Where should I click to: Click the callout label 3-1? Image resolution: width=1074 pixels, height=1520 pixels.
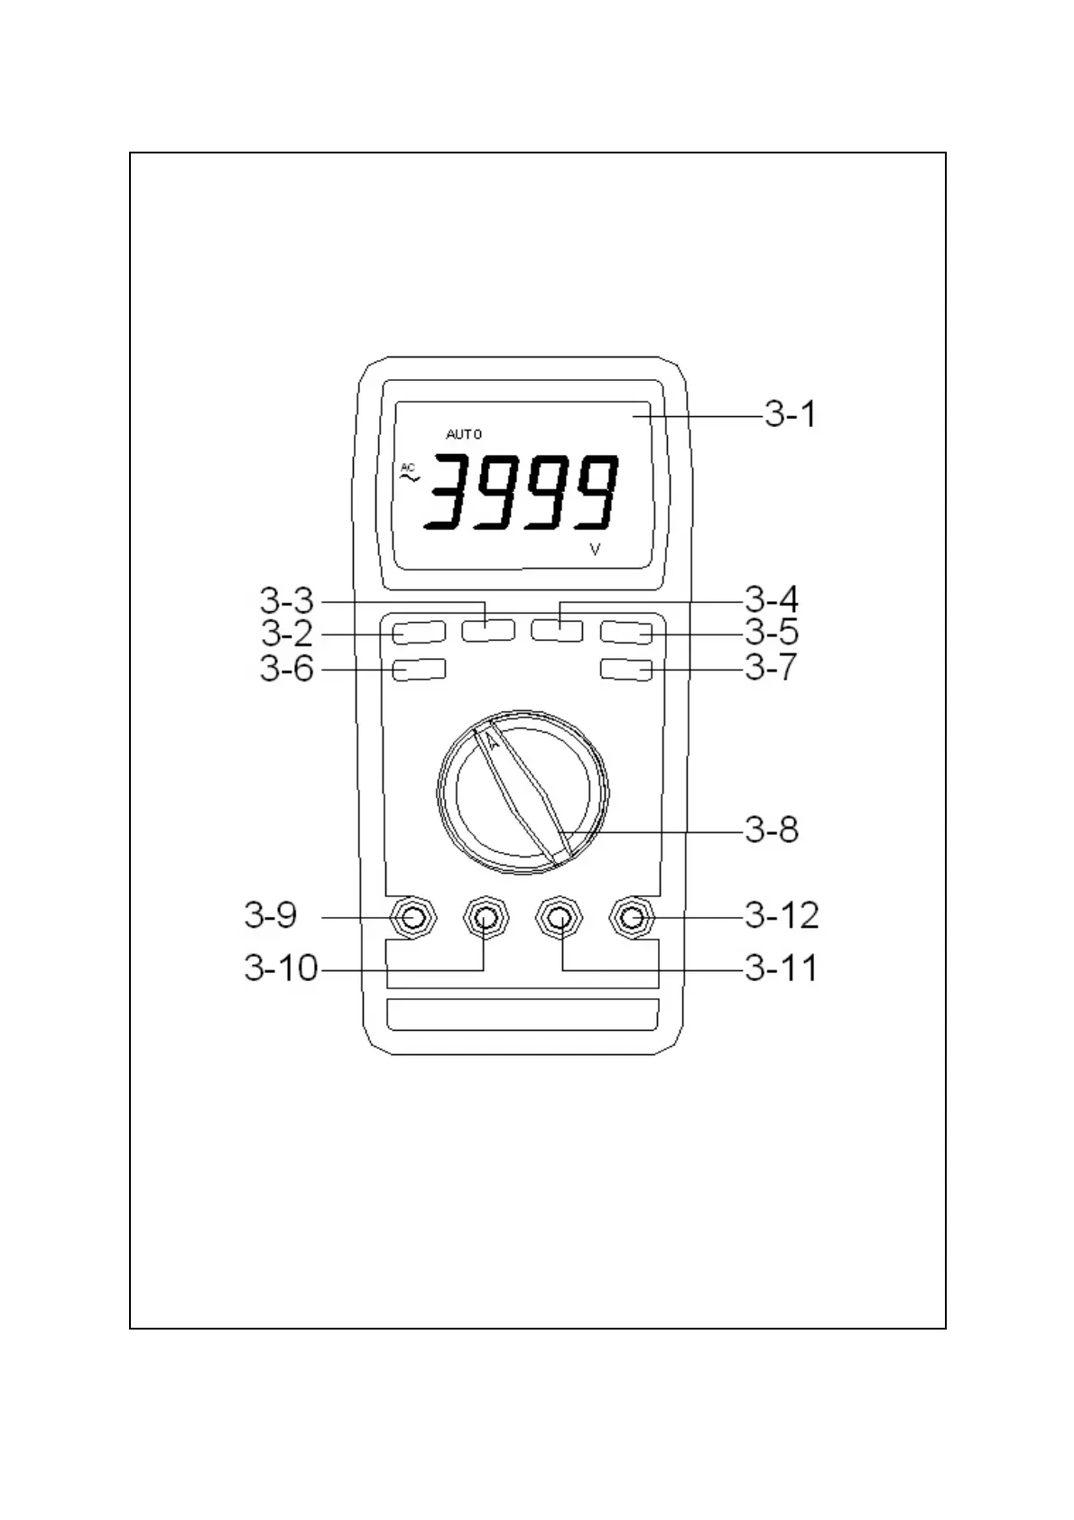[790, 415]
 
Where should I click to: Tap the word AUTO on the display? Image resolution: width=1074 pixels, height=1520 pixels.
[464, 434]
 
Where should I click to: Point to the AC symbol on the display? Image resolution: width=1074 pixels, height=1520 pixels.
[409, 473]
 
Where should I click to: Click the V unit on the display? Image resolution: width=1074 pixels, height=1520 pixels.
[595, 549]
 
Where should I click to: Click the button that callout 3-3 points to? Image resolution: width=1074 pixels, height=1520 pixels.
[488, 630]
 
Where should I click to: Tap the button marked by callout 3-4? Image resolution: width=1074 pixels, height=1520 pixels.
[557, 630]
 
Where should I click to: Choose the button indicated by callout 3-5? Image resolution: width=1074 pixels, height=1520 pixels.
[626, 632]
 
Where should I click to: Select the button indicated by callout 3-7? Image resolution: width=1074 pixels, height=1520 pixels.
[626, 670]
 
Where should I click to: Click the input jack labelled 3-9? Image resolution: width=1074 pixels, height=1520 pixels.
[413, 918]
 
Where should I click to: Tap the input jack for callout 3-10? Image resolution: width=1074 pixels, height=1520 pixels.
[486, 918]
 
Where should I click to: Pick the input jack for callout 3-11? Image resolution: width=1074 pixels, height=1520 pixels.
[560, 918]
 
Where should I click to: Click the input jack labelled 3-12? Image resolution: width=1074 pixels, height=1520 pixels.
[633, 918]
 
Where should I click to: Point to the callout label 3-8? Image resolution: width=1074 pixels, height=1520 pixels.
[772, 829]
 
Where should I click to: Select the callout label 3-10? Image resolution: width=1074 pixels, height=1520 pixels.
[281, 969]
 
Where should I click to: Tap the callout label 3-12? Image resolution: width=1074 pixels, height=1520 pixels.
[782, 916]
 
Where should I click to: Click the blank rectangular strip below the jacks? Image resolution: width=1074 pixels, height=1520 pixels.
[523, 1014]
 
